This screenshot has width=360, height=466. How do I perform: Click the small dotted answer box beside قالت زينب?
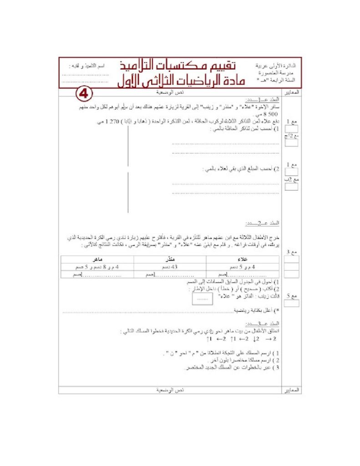(203, 299)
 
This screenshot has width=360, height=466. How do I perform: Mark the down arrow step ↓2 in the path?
(256, 339)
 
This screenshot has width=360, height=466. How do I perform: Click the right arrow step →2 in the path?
(271, 339)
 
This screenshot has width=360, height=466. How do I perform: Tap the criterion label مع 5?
(292, 296)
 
